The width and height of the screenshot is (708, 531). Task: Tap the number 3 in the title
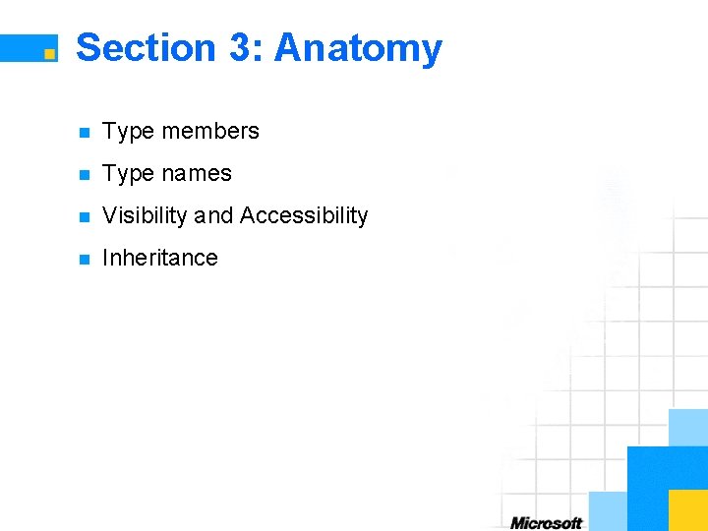240,47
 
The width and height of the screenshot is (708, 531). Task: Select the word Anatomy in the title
358,47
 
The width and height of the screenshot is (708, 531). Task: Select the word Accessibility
304,215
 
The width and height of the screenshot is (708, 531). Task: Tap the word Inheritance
160,258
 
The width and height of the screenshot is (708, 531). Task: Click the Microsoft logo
546,522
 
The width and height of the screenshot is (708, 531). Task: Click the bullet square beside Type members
85,133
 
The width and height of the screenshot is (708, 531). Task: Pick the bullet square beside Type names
85,175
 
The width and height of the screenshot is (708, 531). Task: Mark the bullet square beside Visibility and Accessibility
85,217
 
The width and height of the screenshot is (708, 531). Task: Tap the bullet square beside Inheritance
85,260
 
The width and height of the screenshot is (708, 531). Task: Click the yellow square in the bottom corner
688,510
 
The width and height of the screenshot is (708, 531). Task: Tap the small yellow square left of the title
48,54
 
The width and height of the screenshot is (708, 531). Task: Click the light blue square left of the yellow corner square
608,510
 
